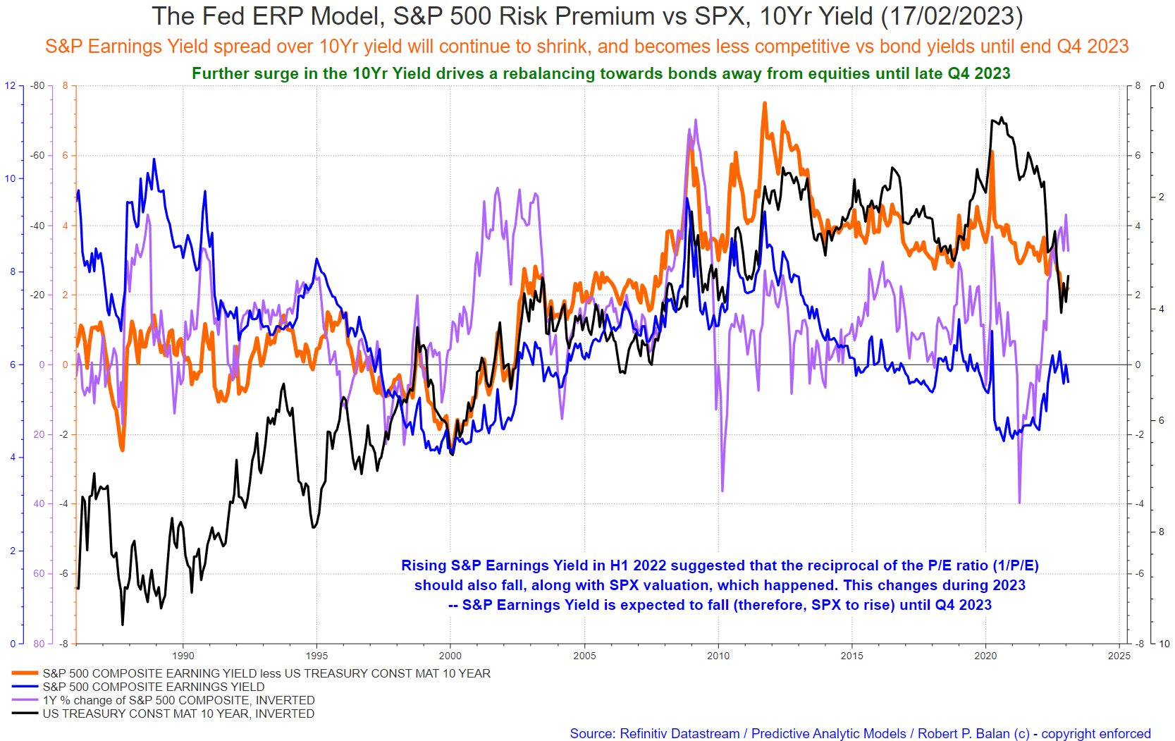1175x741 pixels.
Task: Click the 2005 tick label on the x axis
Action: click(x=584, y=656)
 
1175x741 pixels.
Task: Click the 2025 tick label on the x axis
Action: click(x=1119, y=656)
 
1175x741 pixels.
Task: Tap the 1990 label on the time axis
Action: click(x=183, y=656)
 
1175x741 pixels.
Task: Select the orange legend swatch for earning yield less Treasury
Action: click(x=25, y=673)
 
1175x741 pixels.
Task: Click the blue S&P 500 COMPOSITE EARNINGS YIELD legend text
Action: click(x=153, y=687)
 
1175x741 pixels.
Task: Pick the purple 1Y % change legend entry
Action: click(x=178, y=700)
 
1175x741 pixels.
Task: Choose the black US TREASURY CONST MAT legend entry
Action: click(x=178, y=714)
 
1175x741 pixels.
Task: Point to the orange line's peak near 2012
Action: click(x=765, y=103)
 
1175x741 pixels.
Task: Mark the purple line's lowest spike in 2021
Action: click(x=1019, y=502)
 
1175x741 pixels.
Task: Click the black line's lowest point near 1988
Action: click(x=123, y=625)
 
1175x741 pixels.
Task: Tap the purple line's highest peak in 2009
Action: click(x=696, y=120)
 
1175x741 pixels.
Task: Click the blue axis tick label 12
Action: click(x=10, y=85)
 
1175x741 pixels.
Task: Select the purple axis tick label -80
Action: click(x=37, y=85)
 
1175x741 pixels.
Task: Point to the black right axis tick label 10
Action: click(x=1164, y=644)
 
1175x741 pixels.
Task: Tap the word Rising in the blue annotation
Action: click(x=422, y=565)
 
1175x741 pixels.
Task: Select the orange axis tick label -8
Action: click(x=63, y=644)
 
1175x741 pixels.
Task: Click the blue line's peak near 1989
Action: click(x=154, y=159)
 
